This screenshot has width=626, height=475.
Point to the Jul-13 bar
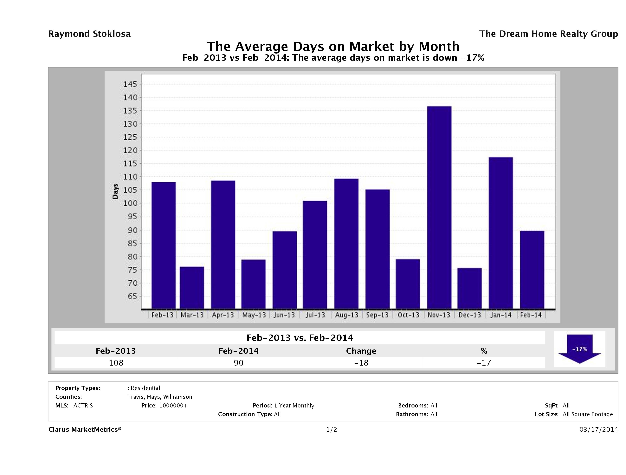(315, 255)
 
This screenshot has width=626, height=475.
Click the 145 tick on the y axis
(130, 84)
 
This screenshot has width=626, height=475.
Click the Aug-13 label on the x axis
(346, 315)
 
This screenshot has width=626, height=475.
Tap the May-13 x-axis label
(254, 315)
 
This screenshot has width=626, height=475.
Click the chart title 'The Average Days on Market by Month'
(333, 46)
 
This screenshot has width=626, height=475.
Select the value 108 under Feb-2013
(116, 363)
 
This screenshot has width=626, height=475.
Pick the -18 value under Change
(361, 363)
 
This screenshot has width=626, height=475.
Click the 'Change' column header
(361, 351)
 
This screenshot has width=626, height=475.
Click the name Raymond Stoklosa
(89, 34)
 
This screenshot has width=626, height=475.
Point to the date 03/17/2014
(598, 430)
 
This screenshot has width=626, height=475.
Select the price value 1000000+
(173, 406)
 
